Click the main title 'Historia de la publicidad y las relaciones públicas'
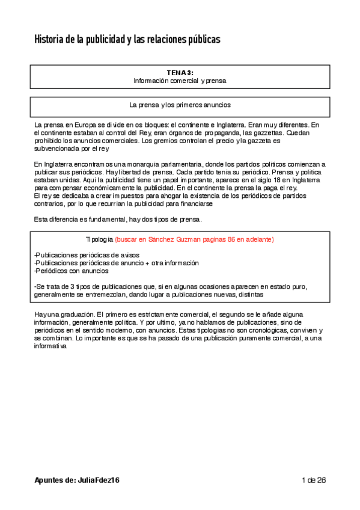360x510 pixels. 127,40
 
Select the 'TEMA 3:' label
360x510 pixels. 180,72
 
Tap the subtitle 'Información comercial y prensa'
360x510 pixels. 180,79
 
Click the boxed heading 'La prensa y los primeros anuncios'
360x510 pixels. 180,105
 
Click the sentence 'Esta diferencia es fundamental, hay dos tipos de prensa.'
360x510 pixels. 122,219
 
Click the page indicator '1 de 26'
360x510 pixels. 313,481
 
